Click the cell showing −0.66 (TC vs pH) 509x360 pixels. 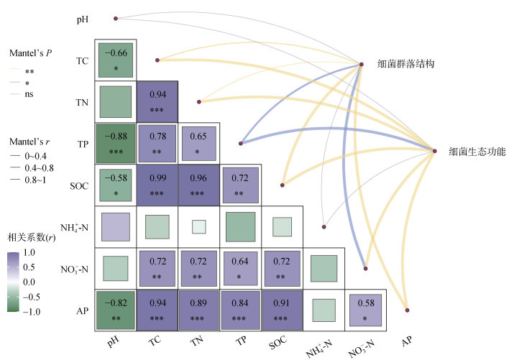(x=116, y=60)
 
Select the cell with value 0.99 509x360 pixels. (x=157, y=185)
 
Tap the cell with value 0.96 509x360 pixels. (x=199, y=185)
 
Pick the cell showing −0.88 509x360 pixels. (x=116, y=143)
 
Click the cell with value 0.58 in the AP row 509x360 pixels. (x=365, y=310)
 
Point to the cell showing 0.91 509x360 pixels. (x=283, y=310)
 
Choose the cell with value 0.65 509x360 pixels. (x=199, y=143)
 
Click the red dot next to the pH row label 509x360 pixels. (x=116, y=19)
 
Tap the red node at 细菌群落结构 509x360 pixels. (x=362, y=64)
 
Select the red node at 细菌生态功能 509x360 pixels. (x=435, y=151)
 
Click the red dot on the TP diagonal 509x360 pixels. (x=241, y=143)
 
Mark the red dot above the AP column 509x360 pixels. (x=407, y=310)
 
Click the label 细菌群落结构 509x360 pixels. (x=405, y=64)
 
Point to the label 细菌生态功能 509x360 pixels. (x=477, y=151)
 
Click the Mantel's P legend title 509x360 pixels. (x=30, y=53)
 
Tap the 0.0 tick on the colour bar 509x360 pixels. (x=29, y=282)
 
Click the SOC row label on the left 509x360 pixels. (x=79, y=186)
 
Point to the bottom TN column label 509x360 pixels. (x=197, y=341)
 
